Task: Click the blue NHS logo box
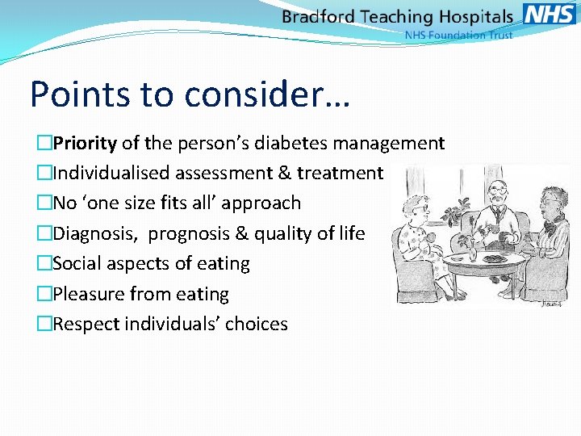pos(550,14)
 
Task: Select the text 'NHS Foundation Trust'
pos(458,36)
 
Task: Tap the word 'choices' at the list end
pos(257,325)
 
